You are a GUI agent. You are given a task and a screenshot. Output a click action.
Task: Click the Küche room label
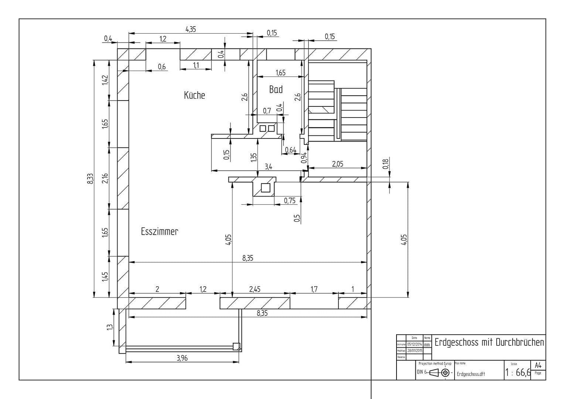(x=194, y=95)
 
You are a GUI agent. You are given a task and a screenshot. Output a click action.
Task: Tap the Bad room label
(x=276, y=89)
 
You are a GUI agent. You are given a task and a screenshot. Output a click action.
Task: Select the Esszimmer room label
(x=159, y=232)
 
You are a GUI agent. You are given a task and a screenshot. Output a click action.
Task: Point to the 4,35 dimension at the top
(x=191, y=29)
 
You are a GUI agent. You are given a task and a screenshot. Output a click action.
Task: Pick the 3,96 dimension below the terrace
(x=182, y=358)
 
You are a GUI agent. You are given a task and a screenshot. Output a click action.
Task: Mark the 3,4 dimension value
(x=268, y=167)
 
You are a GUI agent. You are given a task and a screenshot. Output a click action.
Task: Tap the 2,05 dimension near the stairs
(x=337, y=164)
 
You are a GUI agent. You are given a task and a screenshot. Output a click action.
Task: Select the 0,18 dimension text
(x=385, y=164)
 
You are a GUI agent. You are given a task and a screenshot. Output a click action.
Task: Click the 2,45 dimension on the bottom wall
(x=255, y=289)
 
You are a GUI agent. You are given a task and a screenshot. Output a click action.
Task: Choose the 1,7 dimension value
(x=314, y=289)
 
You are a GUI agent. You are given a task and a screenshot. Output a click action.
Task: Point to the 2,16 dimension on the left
(x=105, y=178)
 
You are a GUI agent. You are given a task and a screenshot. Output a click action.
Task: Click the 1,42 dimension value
(x=105, y=80)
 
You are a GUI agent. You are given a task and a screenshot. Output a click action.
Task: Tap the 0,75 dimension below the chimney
(x=290, y=201)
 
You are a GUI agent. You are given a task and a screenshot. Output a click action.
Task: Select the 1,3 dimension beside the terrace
(x=110, y=327)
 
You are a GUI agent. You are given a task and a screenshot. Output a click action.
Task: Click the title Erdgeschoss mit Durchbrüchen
(x=489, y=342)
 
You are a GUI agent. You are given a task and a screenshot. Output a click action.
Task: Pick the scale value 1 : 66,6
(x=518, y=372)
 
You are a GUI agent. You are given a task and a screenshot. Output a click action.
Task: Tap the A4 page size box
(x=538, y=365)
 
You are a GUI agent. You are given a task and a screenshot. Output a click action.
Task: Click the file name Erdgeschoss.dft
(x=470, y=374)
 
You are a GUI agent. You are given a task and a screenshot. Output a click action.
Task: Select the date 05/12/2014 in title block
(x=414, y=344)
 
